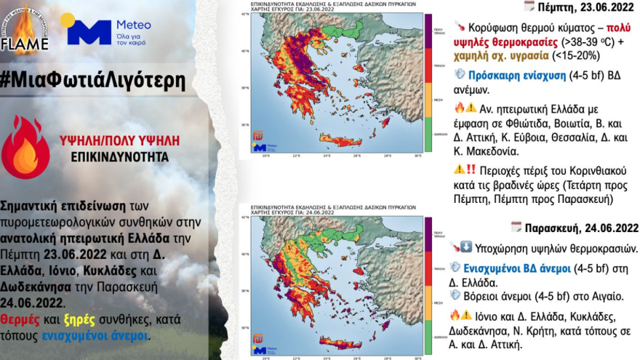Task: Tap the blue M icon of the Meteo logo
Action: click(87, 30)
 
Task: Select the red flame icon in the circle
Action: click(25, 145)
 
